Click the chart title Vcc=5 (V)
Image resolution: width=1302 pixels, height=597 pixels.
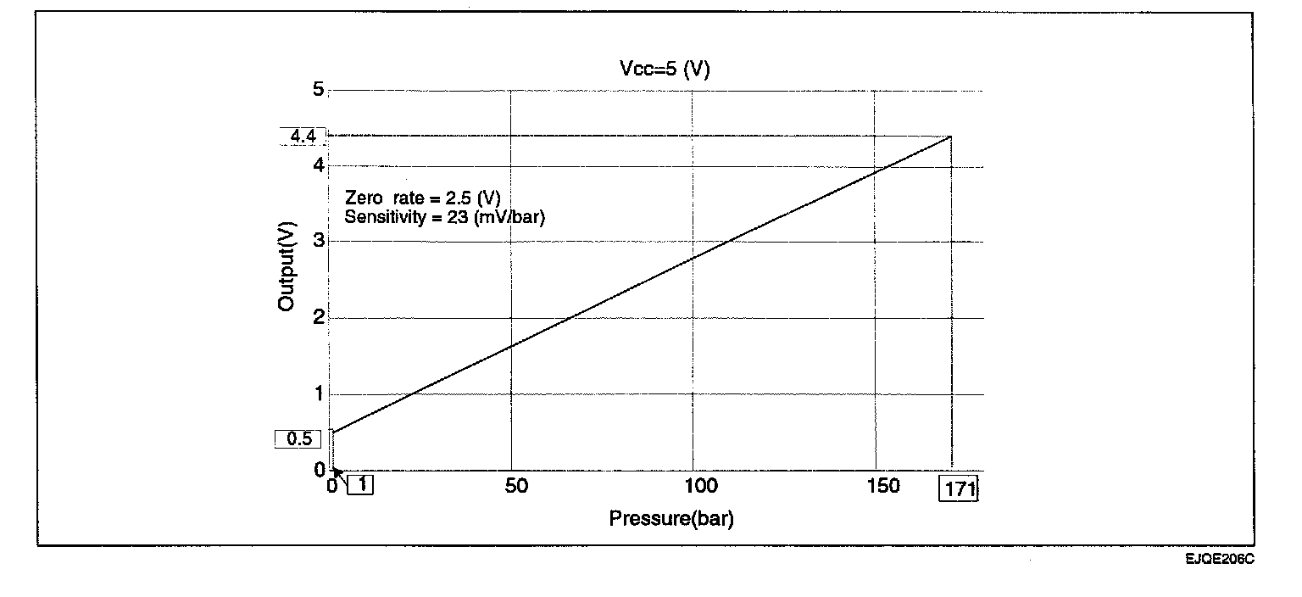(664, 70)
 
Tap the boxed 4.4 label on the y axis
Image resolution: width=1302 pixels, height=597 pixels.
(303, 136)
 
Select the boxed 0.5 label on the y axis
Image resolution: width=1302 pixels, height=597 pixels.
(298, 439)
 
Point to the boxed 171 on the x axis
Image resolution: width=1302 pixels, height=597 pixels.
(958, 489)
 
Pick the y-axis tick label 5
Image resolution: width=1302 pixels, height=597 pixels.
(319, 89)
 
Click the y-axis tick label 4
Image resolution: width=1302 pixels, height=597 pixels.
(319, 165)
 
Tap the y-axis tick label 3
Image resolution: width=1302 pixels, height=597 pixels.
(319, 242)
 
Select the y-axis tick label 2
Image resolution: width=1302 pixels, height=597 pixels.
(319, 318)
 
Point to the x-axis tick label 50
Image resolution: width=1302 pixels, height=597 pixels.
(515, 486)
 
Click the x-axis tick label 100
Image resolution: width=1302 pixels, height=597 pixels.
(700, 486)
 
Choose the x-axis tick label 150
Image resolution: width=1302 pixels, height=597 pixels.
(882, 486)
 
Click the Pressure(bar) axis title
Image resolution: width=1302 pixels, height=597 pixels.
(671, 518)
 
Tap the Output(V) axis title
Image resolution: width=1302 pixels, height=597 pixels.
(287, 265)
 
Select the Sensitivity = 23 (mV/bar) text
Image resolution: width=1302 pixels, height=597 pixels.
(444, 217)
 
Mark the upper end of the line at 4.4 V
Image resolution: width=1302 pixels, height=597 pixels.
(951, 136)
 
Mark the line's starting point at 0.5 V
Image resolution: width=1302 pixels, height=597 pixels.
(333, 432)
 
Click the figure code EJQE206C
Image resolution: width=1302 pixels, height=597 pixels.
(1220, 560)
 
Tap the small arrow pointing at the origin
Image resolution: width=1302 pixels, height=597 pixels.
(339, 476)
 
